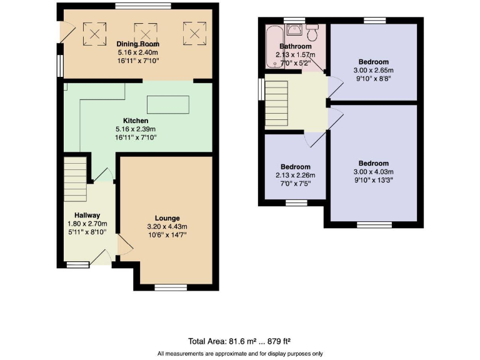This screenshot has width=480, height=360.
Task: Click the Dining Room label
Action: click(137, 44)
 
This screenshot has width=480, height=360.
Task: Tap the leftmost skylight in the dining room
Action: click(96, 34)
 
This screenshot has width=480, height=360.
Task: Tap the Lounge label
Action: click(166, 218)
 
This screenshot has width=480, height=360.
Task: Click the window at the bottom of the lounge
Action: click(171, 287)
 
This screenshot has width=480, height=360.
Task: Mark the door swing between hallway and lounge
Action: click(123, 247)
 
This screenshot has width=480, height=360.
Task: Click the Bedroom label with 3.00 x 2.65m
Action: click(374, 62)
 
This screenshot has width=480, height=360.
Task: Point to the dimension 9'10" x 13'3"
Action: click(374, 180)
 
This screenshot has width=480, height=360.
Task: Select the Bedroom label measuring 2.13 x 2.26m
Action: click(295, 167)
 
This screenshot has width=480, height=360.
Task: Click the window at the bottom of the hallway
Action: click(78, 264)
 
